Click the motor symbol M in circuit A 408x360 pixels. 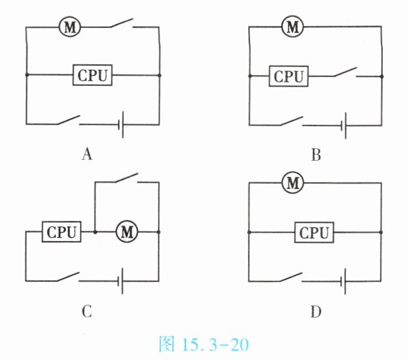pyautogui.click(x=70, y=26)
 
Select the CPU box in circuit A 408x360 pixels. pyautogui.click(x=92, y=75)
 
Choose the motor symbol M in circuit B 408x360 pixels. pyautogui.click(x=293, y=26)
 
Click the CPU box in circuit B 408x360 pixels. pyautogui.click(x=288, y=76)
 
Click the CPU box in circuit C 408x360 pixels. pyautogui.click(x=62, y=232)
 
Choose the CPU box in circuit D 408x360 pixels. pyautogui.click(x=314, y=232)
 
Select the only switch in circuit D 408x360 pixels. pyautogui.click(x=290, y=278)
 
